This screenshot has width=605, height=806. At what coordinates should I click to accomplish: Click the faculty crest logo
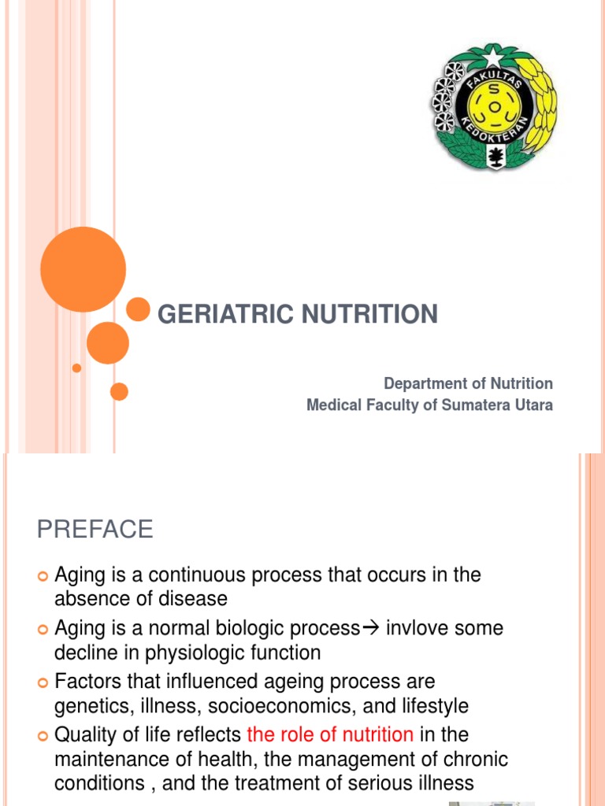pos(494,107)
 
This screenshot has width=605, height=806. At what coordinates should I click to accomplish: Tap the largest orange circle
pos(83,269)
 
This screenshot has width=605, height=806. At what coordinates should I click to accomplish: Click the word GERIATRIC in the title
pos(221,315)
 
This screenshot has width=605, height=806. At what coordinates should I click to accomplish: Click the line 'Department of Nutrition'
pos(468,383)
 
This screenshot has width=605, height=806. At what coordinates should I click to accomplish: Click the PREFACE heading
pos(95,530)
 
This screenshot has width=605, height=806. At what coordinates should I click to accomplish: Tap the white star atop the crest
pos(494,57)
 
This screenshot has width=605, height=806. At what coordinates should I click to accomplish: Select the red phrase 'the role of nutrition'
pos(330,734)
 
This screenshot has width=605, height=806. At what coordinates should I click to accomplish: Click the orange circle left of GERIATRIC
pos(139,309)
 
